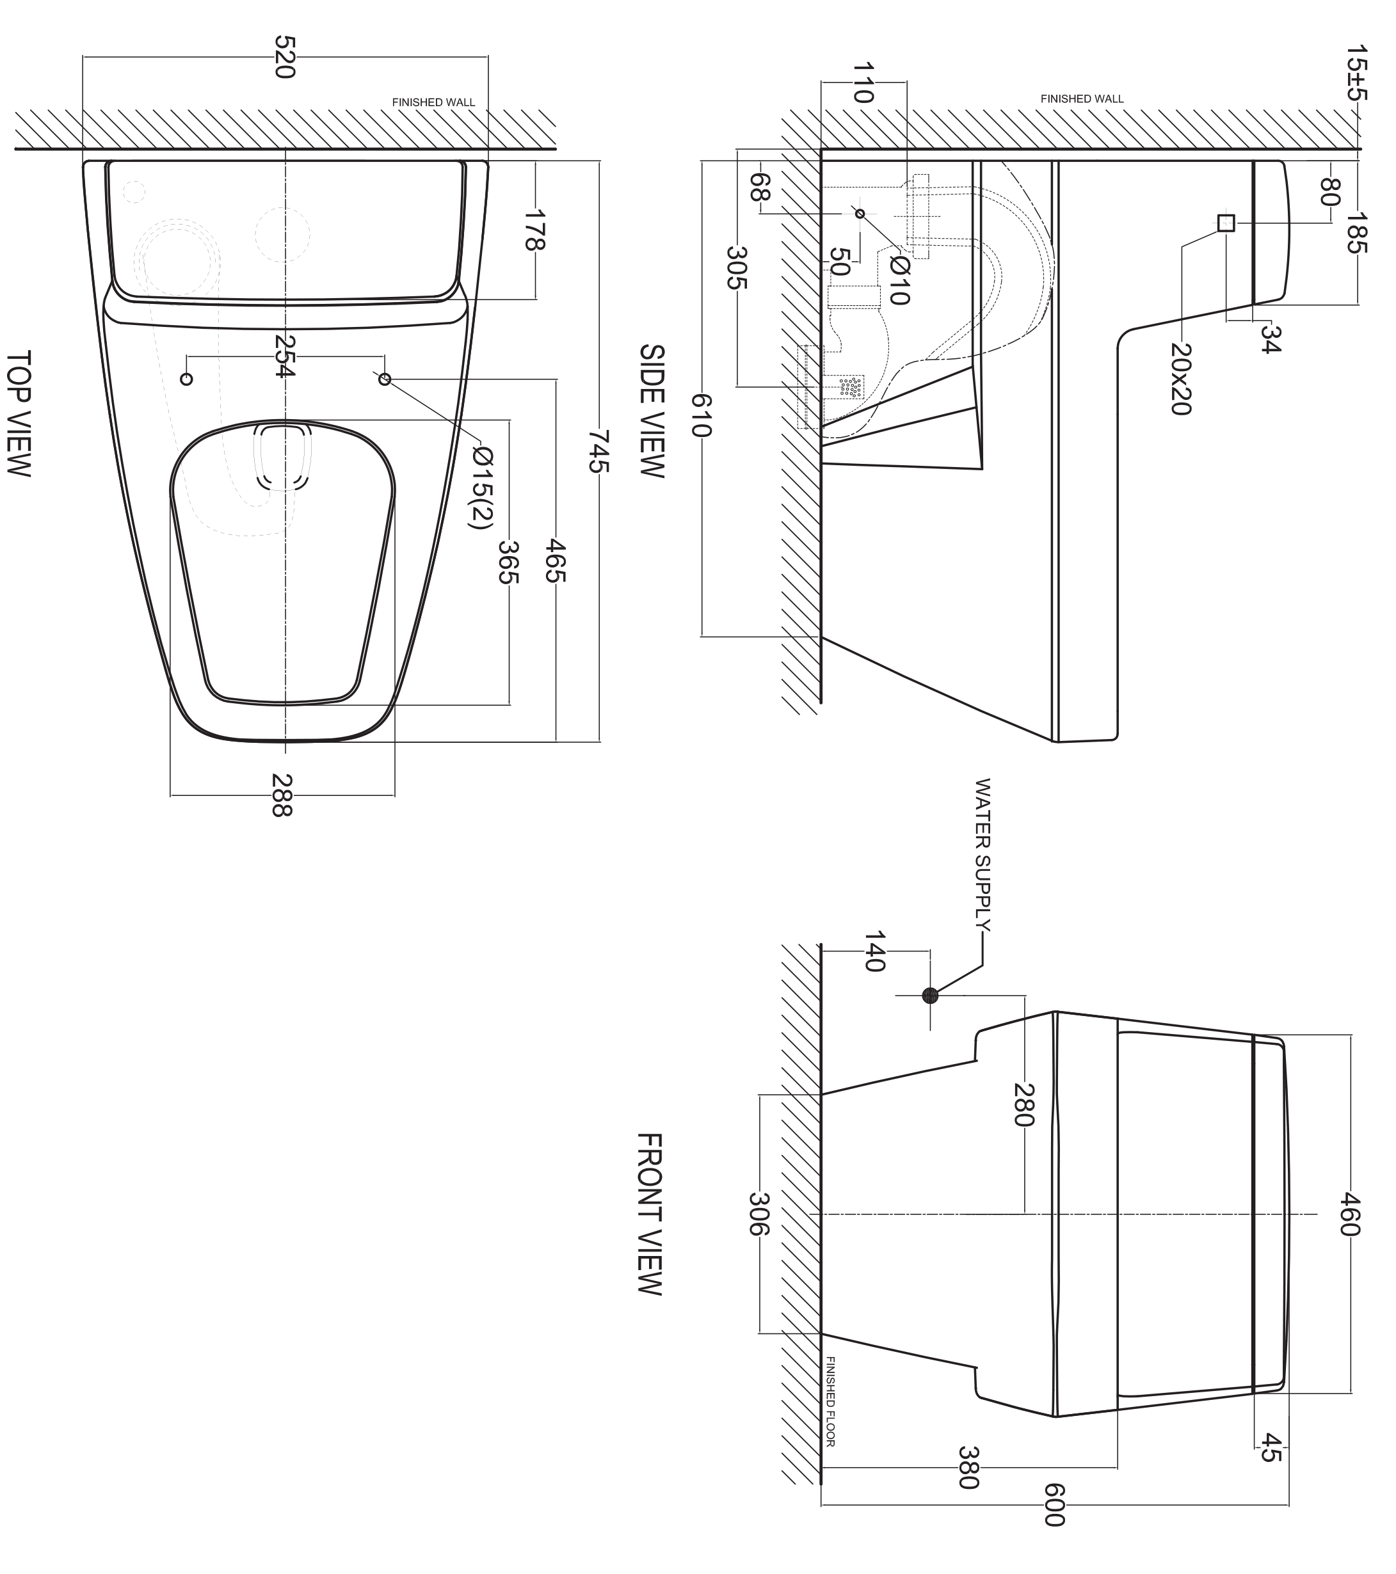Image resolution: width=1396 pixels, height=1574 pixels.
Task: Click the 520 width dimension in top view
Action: [x=284, y=57]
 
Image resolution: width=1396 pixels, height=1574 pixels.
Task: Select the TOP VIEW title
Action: [x=19, y=413]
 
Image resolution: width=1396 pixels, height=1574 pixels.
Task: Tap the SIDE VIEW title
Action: [x=651, y=411]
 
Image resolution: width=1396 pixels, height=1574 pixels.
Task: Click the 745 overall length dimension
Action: [x=599, y=452]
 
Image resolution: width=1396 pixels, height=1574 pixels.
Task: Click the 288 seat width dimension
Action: [x=282, y=795]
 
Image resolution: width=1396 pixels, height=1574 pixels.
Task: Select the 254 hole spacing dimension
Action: [x=284, y=356]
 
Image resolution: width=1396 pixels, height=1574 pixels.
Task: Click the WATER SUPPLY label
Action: [x=983, y=855]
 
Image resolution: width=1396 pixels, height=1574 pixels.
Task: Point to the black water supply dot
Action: [x=930, y=996]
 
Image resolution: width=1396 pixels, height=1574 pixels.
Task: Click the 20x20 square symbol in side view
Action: [x=1226, y=223]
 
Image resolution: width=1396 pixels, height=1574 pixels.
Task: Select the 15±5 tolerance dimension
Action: [x=1358, y=73]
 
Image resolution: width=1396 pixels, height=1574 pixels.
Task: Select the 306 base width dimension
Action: [x=759, y=1214]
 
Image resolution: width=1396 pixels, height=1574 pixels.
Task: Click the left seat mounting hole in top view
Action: [x=186, y=379]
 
